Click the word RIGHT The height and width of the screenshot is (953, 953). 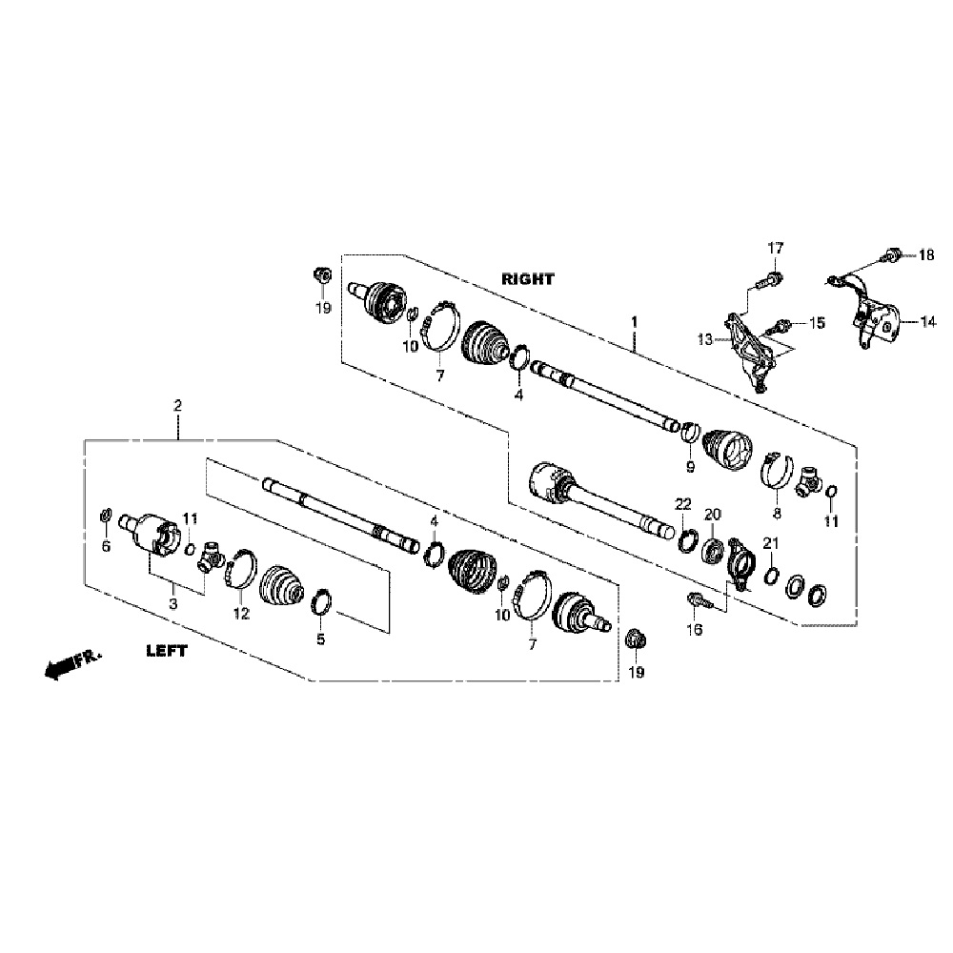click(528, 279)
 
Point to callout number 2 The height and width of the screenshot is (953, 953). click(178, 405)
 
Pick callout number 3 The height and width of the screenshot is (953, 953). click(173, 603)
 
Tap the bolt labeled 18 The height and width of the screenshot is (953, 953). click(891, 253)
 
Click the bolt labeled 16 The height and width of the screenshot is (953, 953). click(694, 600)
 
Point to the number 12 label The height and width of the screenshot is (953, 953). click(240, 615)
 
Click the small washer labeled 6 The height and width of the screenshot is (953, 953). click(107, 517)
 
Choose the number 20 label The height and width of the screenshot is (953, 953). click(712, 515)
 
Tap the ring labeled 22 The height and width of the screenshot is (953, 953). click(685, 544)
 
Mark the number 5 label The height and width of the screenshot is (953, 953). click(320, 639)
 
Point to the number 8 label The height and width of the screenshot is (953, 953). click(776, 513)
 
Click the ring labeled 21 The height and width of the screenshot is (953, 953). click(770, 574)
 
